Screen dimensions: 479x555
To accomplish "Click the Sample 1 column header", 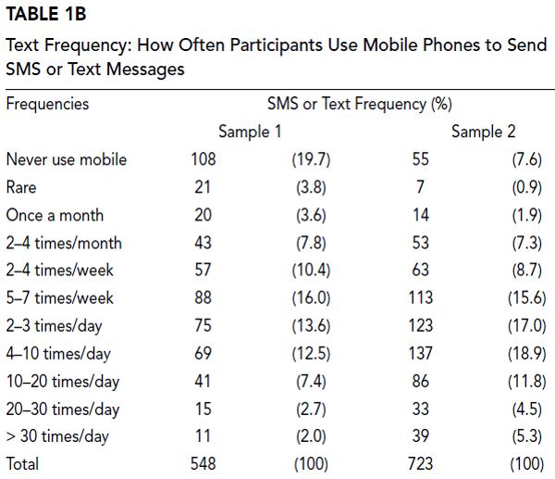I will coord(250,132).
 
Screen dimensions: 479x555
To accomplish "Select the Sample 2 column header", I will coord(483,132).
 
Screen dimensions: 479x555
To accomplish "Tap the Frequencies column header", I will coord(47,103).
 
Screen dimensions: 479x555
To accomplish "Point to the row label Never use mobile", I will coord(66,159).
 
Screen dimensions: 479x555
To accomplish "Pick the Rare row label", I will coord(21,187).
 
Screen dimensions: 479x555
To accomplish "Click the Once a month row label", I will coord(55,215).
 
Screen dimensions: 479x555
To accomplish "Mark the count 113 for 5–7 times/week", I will coord(421,298).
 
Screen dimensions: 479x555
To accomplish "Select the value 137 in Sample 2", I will coord(421,354).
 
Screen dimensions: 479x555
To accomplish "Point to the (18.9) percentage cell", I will coord(528,354).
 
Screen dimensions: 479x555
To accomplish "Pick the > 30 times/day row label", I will coord(57,436).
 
